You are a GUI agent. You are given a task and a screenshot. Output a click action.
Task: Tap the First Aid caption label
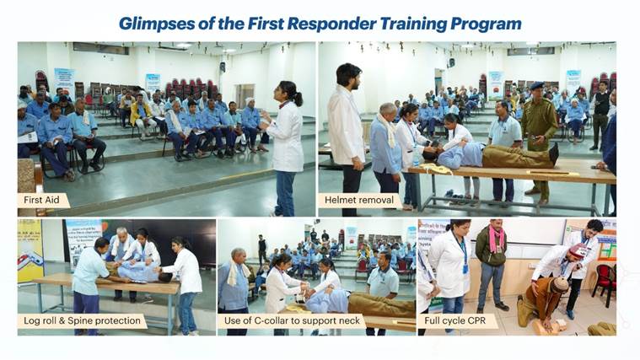pos(41,200)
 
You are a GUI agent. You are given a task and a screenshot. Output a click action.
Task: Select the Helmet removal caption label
pos(359,200)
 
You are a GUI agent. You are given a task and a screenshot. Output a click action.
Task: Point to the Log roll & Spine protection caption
pos(82,321)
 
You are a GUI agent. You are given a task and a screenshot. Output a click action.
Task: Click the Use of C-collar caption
pos(292,321)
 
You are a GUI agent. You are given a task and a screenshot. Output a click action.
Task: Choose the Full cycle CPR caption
pos(455,321)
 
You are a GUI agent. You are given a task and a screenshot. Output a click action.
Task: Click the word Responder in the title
pos(332,24)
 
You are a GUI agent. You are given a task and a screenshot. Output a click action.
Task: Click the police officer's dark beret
pos(537,85)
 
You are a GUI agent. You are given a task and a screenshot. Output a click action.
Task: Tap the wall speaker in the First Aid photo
pos(223,67)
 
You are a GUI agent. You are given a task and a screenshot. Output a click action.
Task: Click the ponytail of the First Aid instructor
pos(298,98)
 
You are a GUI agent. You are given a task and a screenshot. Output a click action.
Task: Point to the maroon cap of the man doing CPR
pos(577,250)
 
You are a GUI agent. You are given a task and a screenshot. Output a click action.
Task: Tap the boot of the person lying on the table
pos(554,154)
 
